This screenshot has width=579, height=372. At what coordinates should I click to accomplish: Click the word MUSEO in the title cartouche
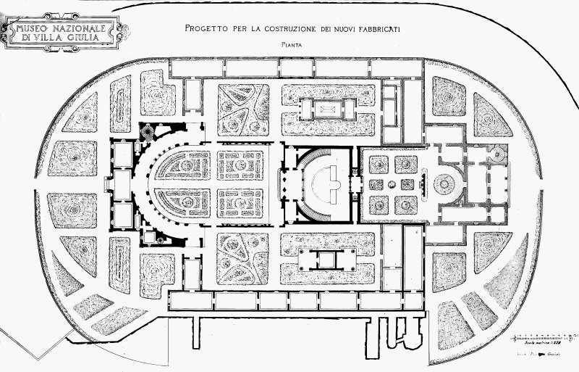click(30, 28)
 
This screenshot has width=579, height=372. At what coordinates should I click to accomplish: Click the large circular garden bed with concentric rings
click(441, 184)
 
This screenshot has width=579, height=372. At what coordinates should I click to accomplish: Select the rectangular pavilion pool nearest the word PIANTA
click(329, 108)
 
